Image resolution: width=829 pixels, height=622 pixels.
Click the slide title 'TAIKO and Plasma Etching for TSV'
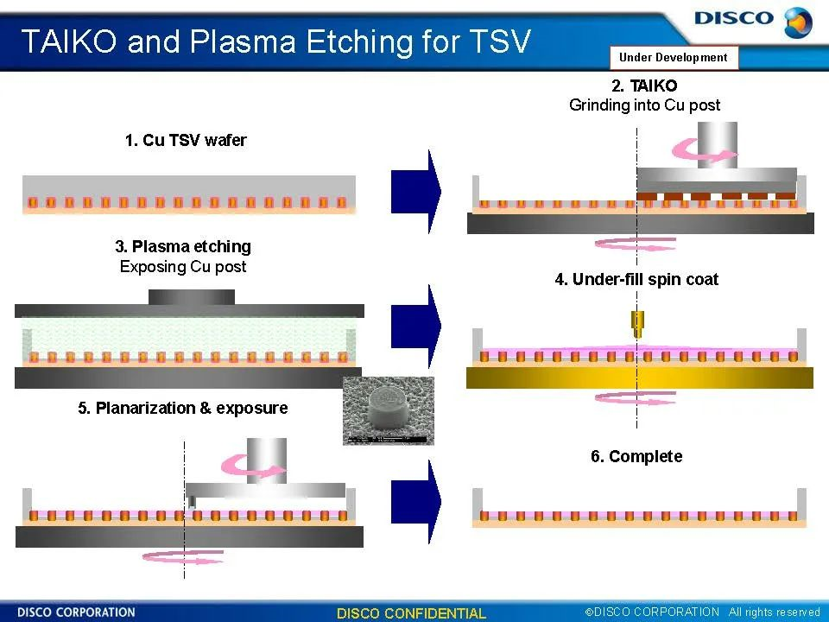pyautogui.click(x=275, y=41)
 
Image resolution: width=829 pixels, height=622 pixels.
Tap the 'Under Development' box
pyautogui.click(x=674, y=58)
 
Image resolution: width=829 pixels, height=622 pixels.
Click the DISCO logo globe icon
pyautogui.click(x=798, y=22)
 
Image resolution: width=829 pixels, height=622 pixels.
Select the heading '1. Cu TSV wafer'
pyautogui.click(x=186, y=141)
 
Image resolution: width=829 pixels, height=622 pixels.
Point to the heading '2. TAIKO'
pyautogui.click(x=644, y=86)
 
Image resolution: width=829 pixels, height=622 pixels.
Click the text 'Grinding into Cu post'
pyautogui.click(x=644, y=105)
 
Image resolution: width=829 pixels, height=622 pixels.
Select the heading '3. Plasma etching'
pyautogui.click(x=183, y=247)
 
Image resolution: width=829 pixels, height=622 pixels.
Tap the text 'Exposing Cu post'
pyautogui.click(x=183, y=267)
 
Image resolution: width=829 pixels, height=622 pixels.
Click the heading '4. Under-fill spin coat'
pyautogui.click(x=636, y=279)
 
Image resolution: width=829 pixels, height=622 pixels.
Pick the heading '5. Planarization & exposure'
pyautogui.click(x=183, y=408)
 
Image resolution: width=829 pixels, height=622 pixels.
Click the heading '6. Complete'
pyautogui.click(x=636, y=456)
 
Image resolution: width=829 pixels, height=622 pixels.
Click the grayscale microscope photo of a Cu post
pyautogui.click(x=388, y=411)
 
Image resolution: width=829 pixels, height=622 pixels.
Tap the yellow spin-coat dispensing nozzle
pyautogui.click(x=637, y=324)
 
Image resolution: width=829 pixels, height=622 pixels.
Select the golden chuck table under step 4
pyautogui.click(x=639, y=378)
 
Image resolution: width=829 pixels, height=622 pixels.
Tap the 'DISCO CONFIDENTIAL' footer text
pyautogui.click(x=411, y=613)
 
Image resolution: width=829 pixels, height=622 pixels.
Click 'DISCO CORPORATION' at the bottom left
pyautogui.click(x=76, y=612)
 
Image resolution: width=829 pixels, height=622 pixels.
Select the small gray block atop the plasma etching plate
pyautogui.click(x=191, y=296)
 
